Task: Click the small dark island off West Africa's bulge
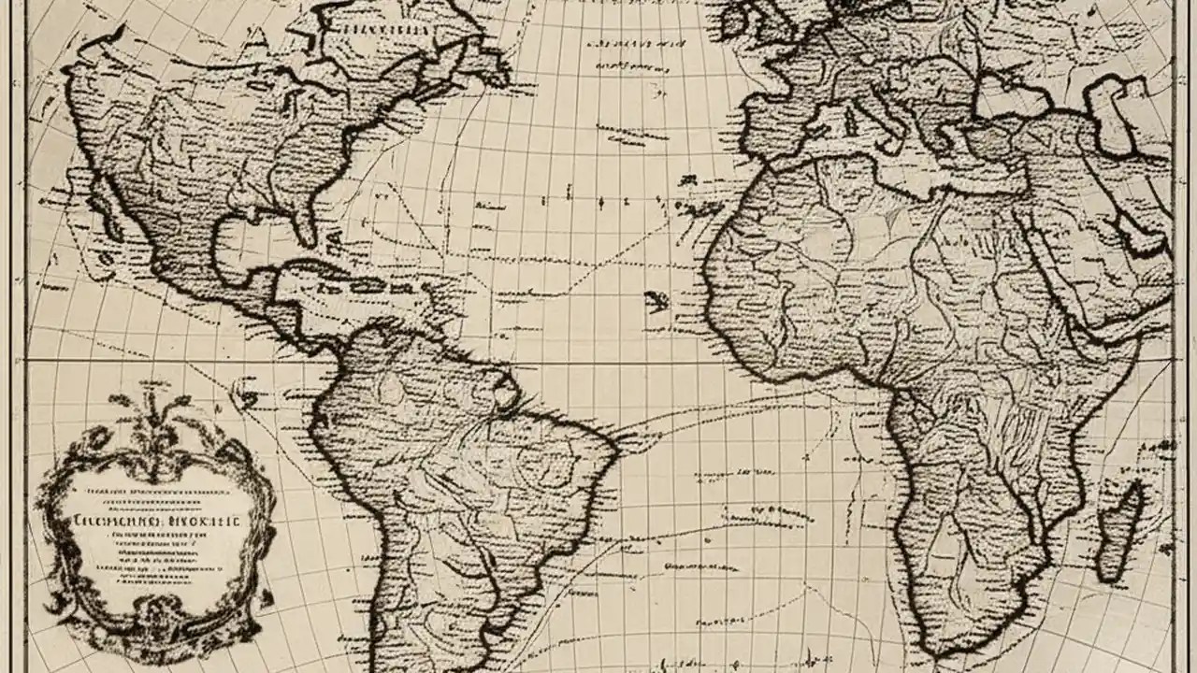click(657, 301)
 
